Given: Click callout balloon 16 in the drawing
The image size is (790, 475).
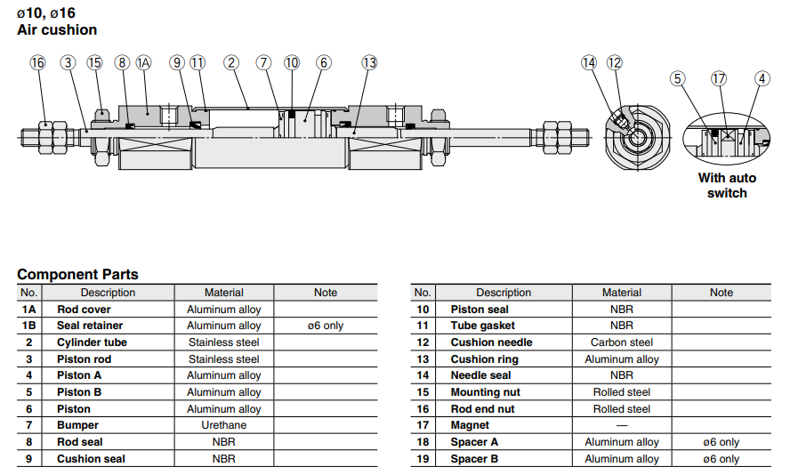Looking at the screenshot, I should click(37, 62).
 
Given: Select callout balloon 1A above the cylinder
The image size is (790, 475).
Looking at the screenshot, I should click(144, 62).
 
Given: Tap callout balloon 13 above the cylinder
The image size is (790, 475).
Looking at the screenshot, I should click(369, 62).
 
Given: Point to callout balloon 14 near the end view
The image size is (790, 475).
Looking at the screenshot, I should click(589, 62).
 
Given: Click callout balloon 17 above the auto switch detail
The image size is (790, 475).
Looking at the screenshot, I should click(719, 78).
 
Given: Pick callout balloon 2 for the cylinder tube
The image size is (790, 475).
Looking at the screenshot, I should click(231, 62).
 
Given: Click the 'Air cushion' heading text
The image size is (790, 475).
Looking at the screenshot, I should click(57, 29).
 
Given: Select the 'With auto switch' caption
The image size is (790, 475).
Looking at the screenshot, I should click(727, 185).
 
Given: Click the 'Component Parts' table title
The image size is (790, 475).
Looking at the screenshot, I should click(77, 274).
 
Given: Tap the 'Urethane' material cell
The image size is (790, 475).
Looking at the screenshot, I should click(224, 425).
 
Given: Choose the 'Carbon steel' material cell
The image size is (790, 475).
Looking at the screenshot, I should click(622, 342).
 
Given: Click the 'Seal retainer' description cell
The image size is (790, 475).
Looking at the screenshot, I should click(90, 326).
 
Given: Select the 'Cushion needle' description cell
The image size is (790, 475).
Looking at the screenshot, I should click(491, 342).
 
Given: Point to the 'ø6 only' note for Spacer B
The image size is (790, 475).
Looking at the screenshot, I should click(721, 459).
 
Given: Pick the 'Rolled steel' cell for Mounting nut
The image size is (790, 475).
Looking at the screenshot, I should click(622, 392).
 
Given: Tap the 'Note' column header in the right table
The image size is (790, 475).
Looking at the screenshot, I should click(721, 293).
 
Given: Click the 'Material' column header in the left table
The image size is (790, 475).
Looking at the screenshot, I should click(224, 293).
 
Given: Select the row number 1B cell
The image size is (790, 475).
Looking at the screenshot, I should click(29, 326).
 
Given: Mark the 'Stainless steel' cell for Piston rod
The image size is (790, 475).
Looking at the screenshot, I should click(224, 359).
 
